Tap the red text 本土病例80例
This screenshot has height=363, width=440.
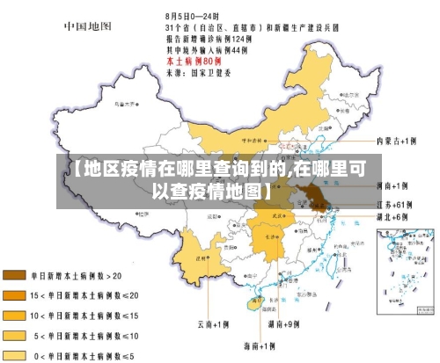(x=194, y=62)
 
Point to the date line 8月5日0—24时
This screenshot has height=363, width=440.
(x=193, y=16)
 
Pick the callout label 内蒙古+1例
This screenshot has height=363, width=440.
(x=394, y=141)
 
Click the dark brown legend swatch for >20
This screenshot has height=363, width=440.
(x=16, y=275)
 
